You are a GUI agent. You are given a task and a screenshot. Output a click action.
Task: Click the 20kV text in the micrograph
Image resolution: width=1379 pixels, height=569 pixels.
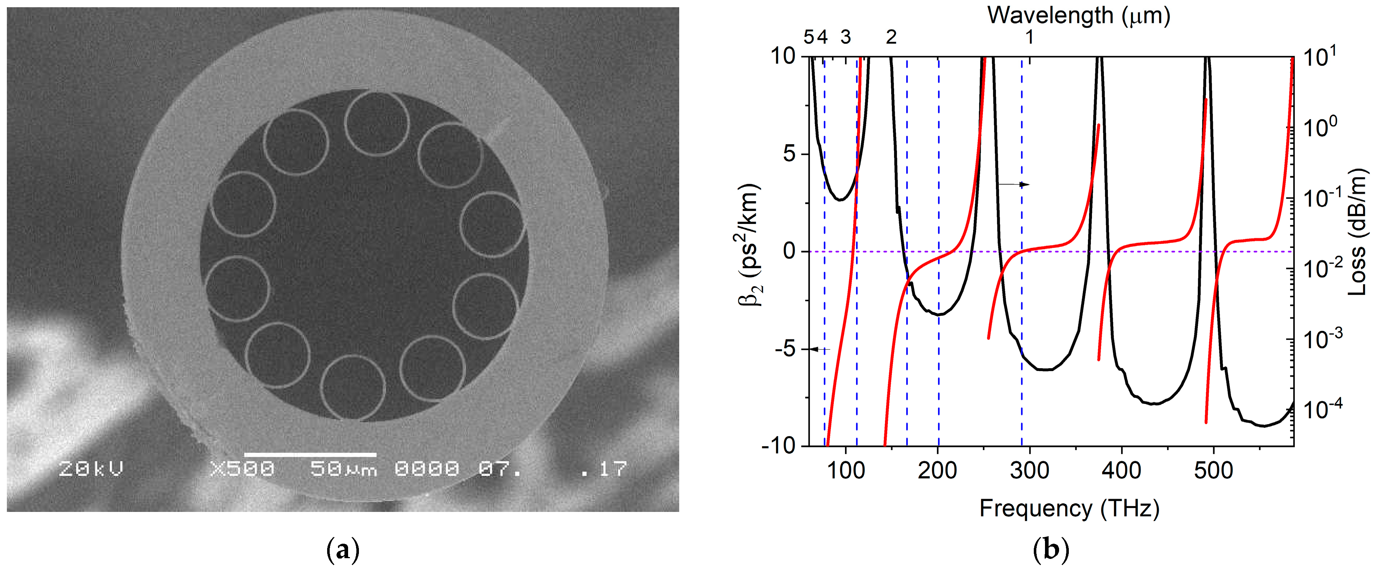pyautogui.click(x=91, y=469)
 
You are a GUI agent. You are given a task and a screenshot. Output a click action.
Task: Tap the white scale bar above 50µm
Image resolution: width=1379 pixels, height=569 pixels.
pyautogui.click(x=311, y=455)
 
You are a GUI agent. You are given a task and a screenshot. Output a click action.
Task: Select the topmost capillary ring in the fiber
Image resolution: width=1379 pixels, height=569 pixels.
pyautogui.click(x=377, y=123)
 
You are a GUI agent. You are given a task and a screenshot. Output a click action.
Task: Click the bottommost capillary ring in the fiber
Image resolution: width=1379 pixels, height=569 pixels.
pyautogui.click(x=353, y=387)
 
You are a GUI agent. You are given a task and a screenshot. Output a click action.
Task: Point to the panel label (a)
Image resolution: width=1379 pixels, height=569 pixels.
pyautogui.click(x=343, y=550)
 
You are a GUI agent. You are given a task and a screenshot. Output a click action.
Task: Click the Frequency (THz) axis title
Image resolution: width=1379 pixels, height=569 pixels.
pyautogui.click(x=1069, y=508)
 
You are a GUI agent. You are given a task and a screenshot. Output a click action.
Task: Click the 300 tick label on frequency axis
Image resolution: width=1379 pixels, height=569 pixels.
pyautogui.click(x=1029, y=470)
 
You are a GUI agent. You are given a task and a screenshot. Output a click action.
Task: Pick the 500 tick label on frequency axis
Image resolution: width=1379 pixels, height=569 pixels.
pyautogui.click(x=1213, y=470)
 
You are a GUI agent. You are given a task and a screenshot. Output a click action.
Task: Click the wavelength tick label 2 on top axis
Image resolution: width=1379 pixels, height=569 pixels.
pyautogui.click(x=891, y=37)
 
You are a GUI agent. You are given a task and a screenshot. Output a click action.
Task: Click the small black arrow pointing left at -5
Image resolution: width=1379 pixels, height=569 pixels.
pyautogui.click(x=819, y=349)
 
